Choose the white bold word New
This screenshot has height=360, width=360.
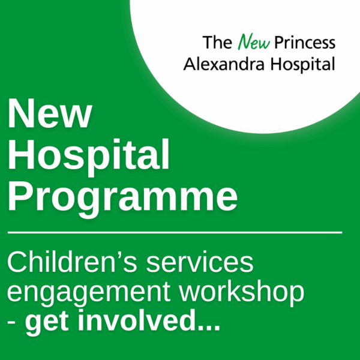pyautogui.click(x=50, y=114)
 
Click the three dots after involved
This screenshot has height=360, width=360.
pyautogui.click(x=206, y=328)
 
